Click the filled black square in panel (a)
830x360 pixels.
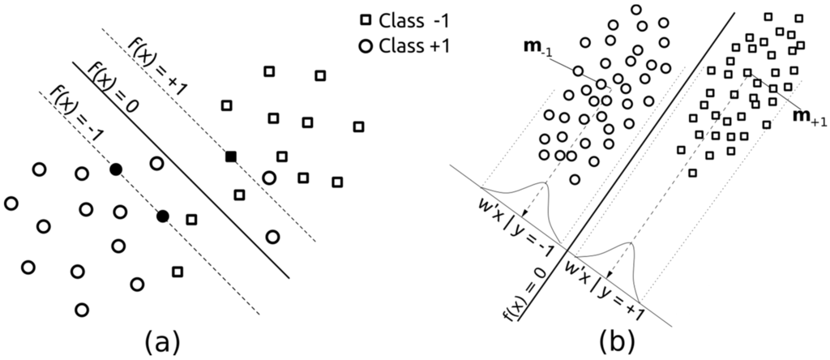pos(230,156)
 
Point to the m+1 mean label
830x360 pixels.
pos(810,119)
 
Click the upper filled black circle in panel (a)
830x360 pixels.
pos(116,169)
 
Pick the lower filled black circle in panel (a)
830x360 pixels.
pos(163,216)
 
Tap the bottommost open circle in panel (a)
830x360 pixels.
pos(80,309)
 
